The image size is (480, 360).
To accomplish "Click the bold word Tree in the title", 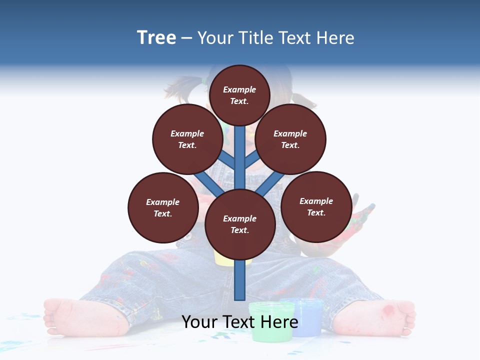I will tap(156, 37).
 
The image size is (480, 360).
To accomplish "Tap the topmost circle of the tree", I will tap(239, 95).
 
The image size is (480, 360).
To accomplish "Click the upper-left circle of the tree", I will tap(187, 139).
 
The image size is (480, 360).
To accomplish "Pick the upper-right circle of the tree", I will tap(290, 139).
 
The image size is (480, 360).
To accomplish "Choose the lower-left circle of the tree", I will tap(163, 207).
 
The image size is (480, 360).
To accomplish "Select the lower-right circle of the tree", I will tap(316, 206).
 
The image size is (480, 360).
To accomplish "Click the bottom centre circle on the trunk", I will tap(240, 224).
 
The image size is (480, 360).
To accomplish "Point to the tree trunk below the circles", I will tap(240, 280).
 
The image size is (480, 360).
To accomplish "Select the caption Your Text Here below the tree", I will tap(240, 322).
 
